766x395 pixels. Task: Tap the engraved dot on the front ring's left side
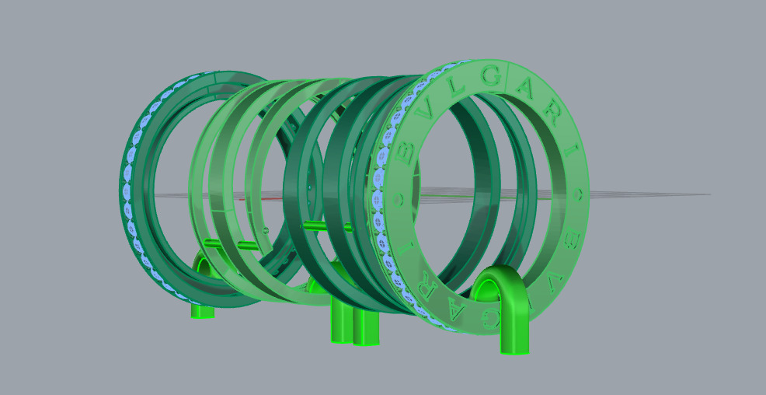pos(401,199)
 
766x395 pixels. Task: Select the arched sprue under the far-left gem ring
pos(203,288)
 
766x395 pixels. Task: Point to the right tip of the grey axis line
pos(709,194)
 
